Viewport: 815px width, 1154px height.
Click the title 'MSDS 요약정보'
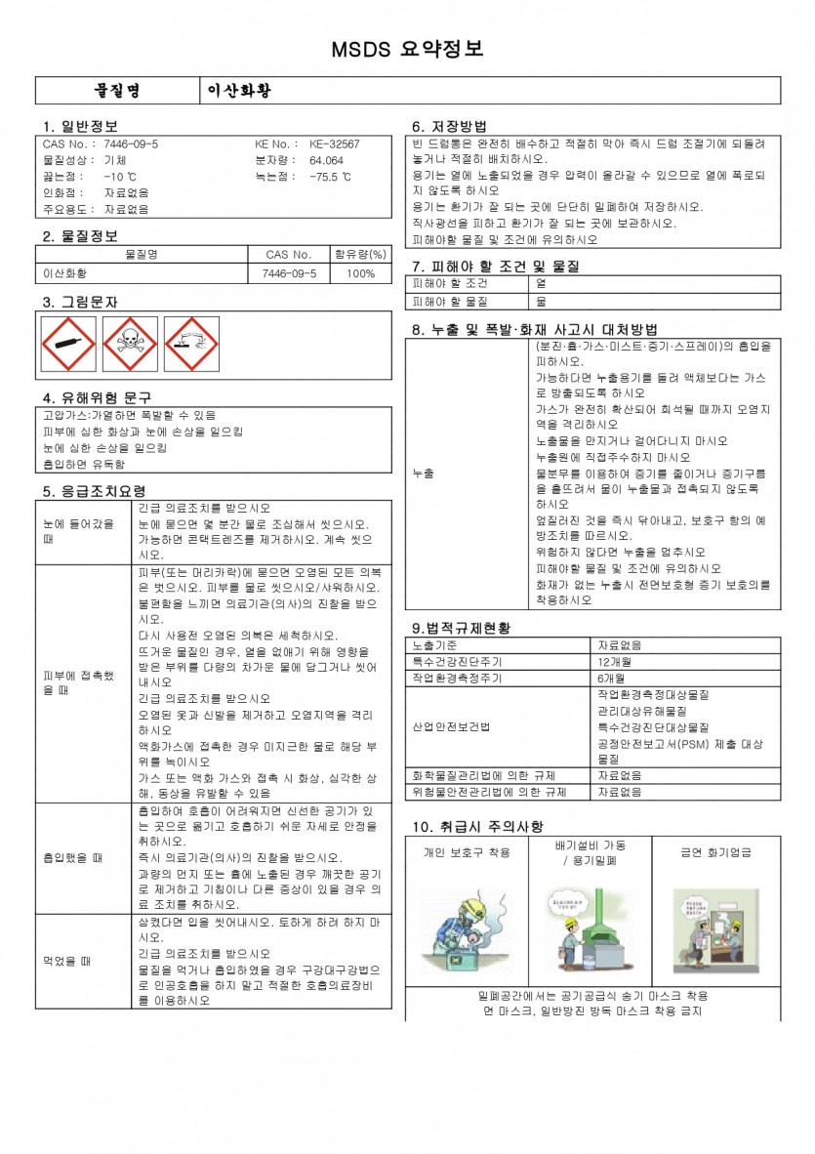click(x=407, y=50)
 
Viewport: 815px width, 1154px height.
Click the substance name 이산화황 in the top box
click(x=239, y=91)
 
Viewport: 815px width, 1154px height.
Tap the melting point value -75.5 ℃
click(x=330, y=177)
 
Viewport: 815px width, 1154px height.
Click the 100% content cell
click(x=359, y=273)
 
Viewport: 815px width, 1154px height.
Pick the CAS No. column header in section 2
click(x=289, y=255)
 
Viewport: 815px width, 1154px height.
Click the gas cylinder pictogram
click(x=68, y=344)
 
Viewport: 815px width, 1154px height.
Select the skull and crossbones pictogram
click(x=130, y=344)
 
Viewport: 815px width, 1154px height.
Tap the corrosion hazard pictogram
click(x=191, y=344)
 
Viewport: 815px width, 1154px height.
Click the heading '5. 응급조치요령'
click(x=94, y=491)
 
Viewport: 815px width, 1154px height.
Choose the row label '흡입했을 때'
click(x=72, y=858)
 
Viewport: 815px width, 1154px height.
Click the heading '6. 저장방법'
click(x=449, y=126)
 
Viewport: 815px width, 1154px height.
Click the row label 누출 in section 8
click(x=424, y=473)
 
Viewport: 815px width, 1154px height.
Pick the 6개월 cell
click(x=611, y=677)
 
